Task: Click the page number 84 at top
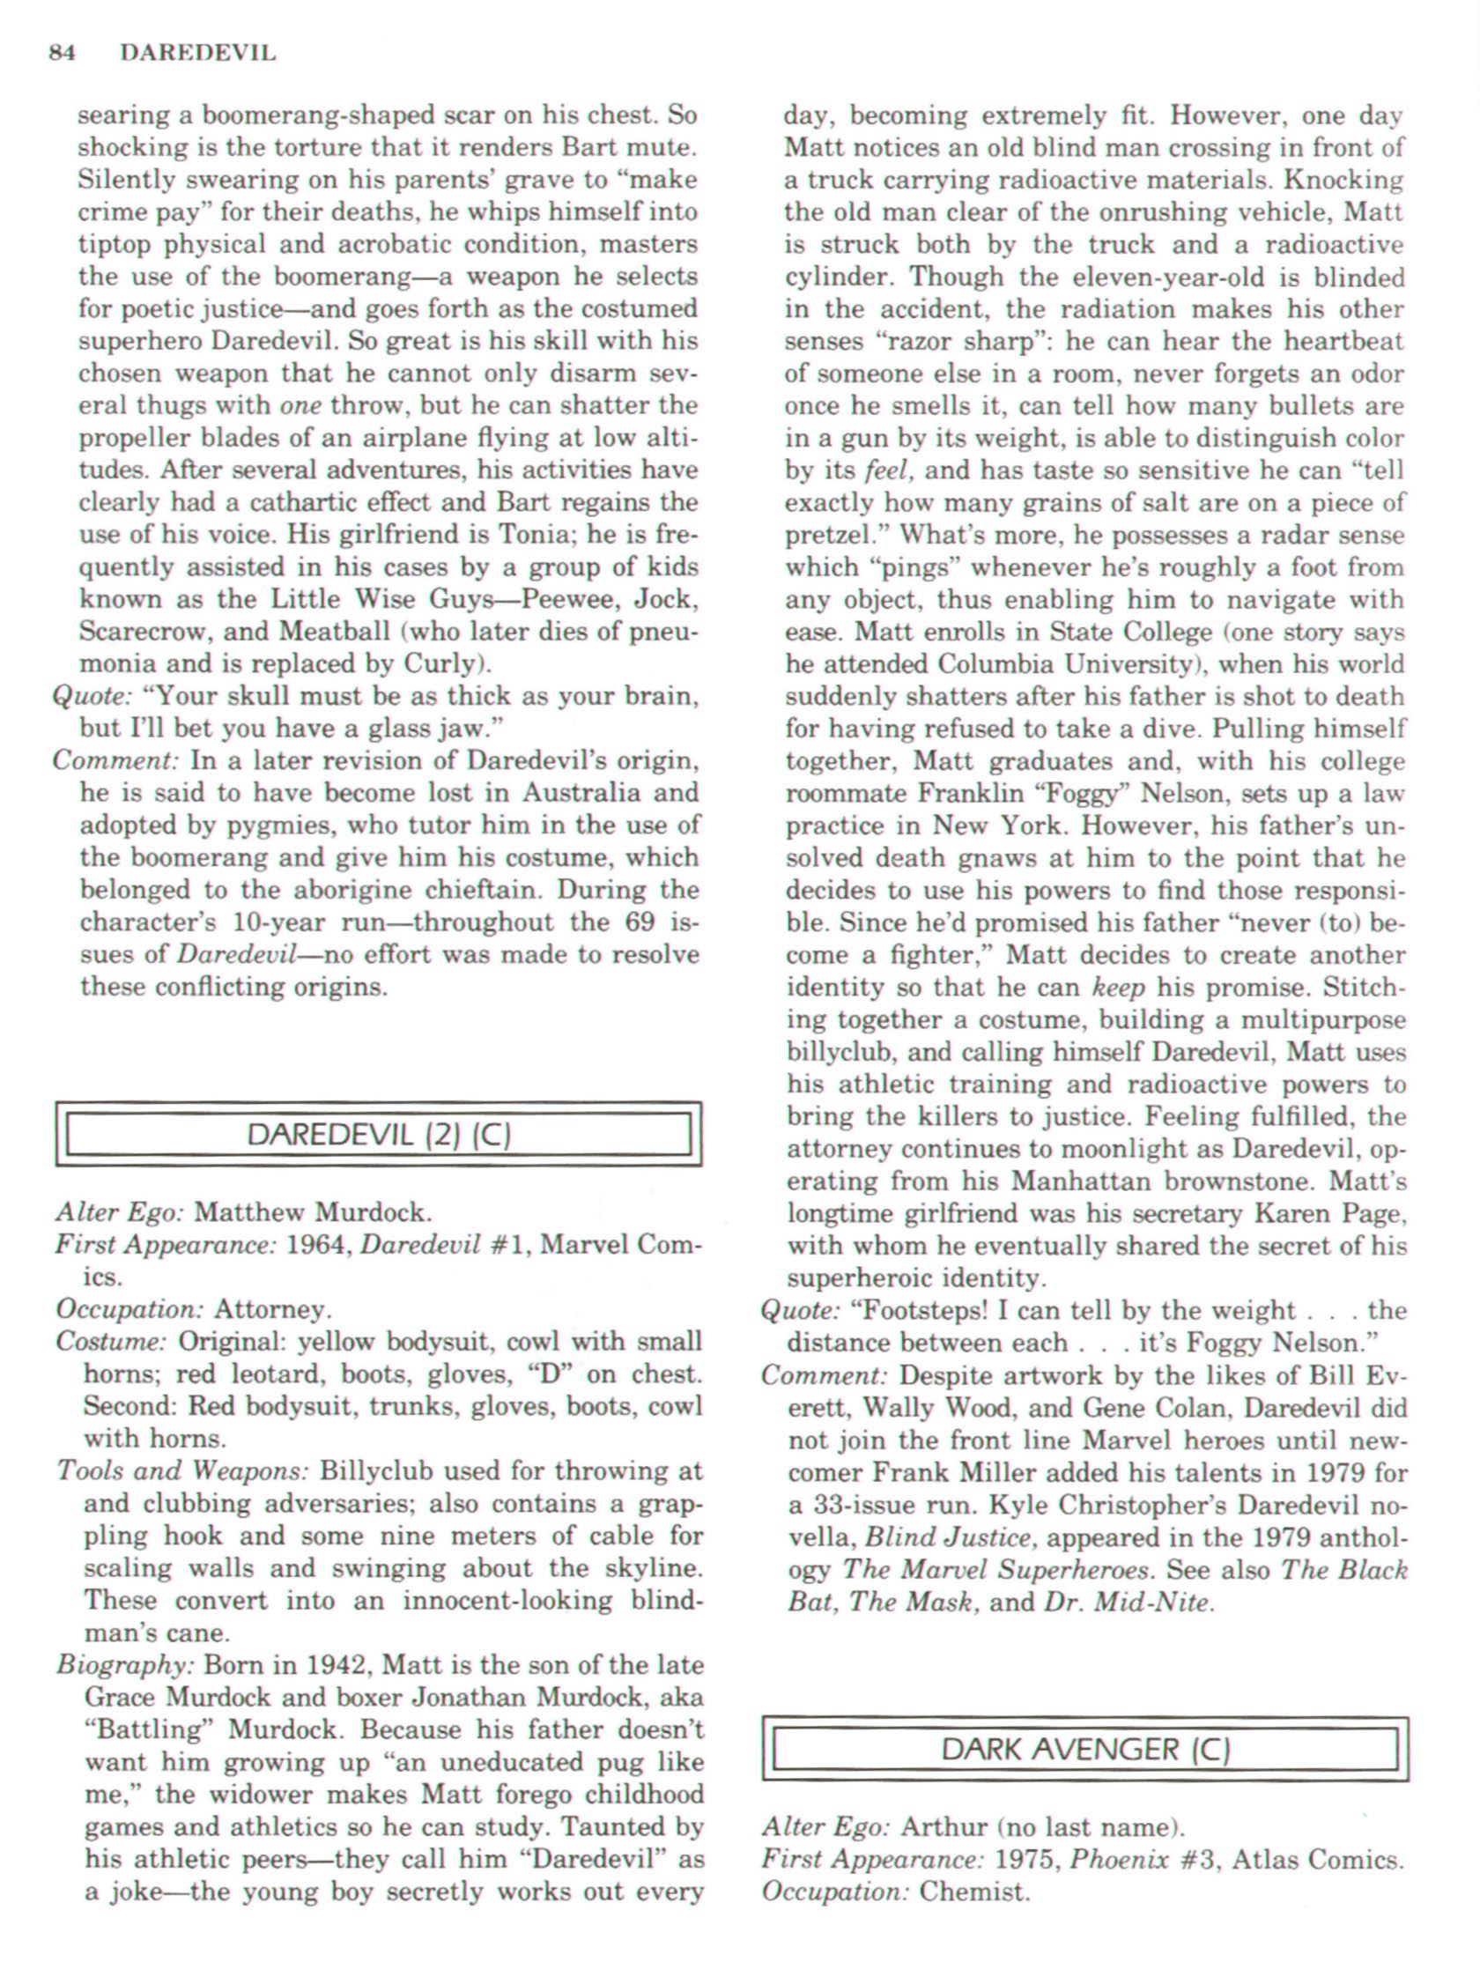click(62, 54)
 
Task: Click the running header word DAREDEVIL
click(197, 54)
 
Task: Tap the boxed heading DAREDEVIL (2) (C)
click(378, 1135)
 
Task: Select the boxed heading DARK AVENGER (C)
click(1085, 1748)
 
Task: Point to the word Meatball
click(334, 632)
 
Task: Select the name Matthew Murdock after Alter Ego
click(313, 1213)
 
